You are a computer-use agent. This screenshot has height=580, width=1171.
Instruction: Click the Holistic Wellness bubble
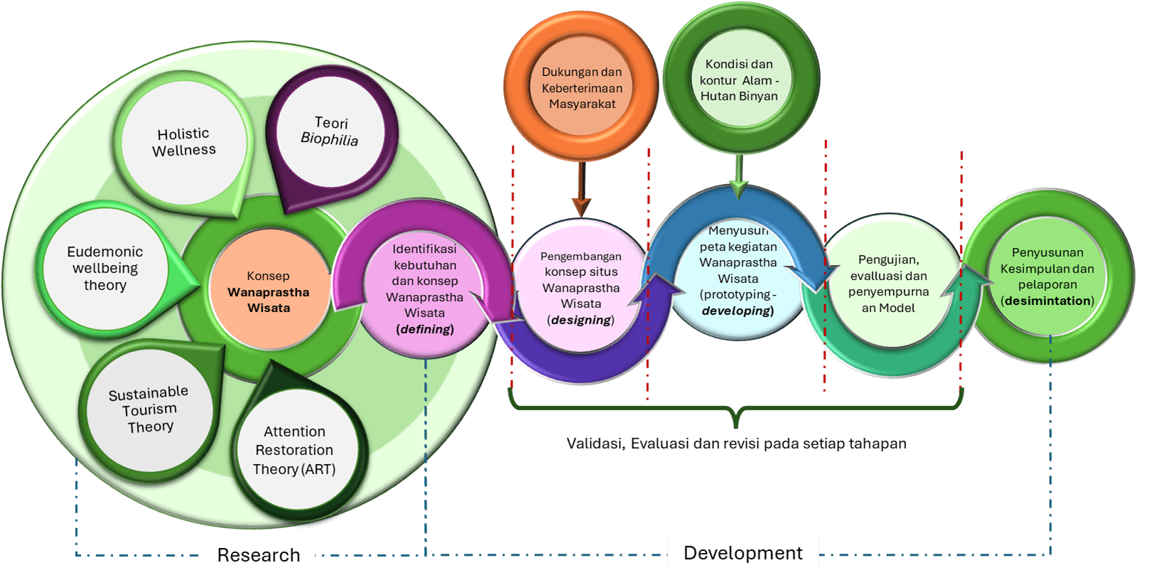183,142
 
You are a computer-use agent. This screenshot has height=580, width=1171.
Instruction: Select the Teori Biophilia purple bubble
330,131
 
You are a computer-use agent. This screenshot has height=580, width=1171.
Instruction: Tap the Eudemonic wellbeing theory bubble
105,269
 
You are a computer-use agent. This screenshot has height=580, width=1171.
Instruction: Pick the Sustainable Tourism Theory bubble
149,410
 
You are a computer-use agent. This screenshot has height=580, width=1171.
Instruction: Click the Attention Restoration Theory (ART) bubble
294,450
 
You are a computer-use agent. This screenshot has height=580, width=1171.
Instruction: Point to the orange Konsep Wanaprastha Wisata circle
269,291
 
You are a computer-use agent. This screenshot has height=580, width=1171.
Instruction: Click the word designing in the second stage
581,320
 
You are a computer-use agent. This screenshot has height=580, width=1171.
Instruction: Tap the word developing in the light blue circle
736,311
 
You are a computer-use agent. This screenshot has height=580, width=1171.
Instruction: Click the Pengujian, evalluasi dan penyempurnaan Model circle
888,284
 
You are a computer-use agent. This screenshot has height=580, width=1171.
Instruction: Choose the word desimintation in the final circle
1047,301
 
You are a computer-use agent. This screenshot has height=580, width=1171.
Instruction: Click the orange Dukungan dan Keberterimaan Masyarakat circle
582,87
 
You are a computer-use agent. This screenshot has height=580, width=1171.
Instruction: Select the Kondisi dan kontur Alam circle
739,80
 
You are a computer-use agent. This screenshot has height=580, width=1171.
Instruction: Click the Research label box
259,555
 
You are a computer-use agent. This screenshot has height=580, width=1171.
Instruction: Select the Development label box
743,553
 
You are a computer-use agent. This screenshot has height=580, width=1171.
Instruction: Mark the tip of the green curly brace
736,425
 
